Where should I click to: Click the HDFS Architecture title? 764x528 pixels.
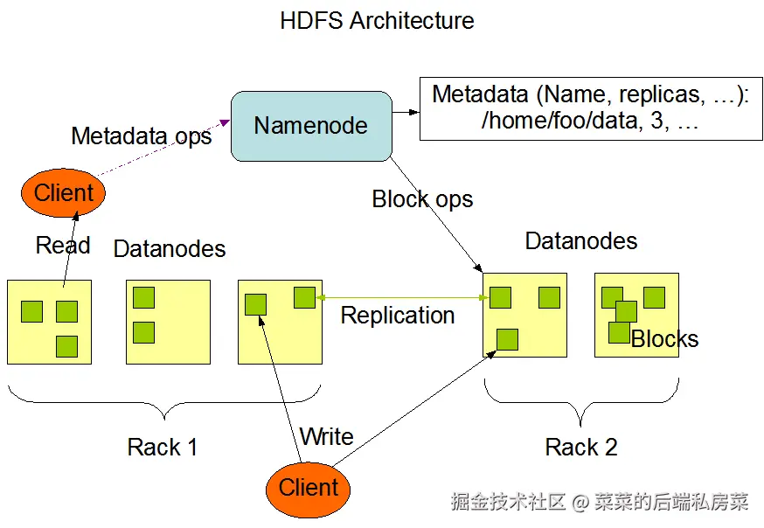point(377,21)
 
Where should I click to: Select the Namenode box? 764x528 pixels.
point(310,126)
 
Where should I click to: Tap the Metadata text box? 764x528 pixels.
point(590,108)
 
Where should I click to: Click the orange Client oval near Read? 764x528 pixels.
point(63,193)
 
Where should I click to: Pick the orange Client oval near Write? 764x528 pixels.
point(308,487)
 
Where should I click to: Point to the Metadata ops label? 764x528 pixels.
point(141,136)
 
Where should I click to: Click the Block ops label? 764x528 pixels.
point(422,199)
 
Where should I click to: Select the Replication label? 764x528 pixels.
point(398,316)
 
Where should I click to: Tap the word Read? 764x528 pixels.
point(63,246)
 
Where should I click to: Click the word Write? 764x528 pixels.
point(326,436)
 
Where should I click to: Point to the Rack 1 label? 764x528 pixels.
point(163,448)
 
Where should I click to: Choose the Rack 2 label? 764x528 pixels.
point(581,448)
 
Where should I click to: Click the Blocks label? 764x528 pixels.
point(664,339)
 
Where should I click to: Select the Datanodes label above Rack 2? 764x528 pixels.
point(581,241)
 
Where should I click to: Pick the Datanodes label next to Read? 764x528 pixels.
point(170,249)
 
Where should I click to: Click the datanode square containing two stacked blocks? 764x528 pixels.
point(168,322)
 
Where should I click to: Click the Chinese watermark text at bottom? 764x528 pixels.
point(600,503)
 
